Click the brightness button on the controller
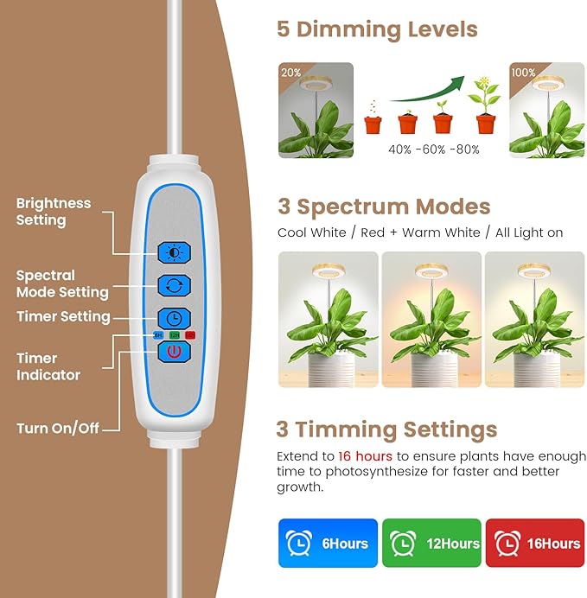[x=174, y=252]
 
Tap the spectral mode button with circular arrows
[x=174, y=284]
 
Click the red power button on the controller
[x=174, y=353]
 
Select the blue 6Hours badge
[x=328, y=544]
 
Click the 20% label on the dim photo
[x=290, y=73]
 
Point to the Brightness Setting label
[x=53, y=212]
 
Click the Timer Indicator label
[x=48, y=366]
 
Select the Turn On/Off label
[x=57, y=428]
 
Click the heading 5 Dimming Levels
[x=377, y=29]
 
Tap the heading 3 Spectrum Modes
[x=384, y=207]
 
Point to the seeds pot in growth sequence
[x=373, y=120]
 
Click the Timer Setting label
[x=63, y=317]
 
